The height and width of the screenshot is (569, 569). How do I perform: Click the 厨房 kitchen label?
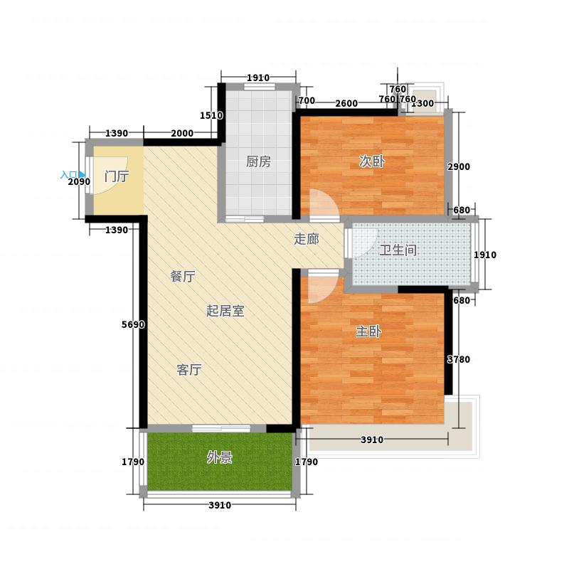pyautogui.click(x=259, y=161)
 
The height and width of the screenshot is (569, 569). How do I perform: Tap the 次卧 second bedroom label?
pyautogui.click(x=371, y=161)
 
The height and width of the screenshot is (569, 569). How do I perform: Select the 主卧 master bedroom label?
pyautogui.click(x=368, y=331)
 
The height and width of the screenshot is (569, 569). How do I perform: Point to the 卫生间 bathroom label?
pyautogui.click(x=398, y=250)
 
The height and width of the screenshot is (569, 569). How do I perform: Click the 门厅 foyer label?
pyautogui.click(x=116, y=177)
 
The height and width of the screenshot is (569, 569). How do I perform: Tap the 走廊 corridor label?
pyautogui.click(x=306, y=240)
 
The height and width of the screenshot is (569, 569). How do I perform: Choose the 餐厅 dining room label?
pyautogui.click(x=183, y=277)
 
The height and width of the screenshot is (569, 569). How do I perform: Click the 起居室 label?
pyautogui.click(x=225, y=312)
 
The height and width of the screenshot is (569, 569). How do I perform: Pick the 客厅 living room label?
pyautogui.click(x=189, y=370)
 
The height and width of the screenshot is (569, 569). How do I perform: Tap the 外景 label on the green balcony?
pyautogui.click(x=219, y=458)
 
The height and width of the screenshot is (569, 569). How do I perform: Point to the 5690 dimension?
pyautogui.click(x=133, y=325)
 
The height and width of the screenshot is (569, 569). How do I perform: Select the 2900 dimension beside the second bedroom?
pyautogui.click(x=459, y=166)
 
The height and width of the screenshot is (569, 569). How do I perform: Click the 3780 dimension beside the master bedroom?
pyautogui.click(x=459, y=360)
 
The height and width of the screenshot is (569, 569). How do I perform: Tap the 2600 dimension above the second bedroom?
pyautogui.click(x=346, y=104)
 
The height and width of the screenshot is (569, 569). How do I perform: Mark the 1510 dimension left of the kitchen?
pyautogui.click(x=212, y=115)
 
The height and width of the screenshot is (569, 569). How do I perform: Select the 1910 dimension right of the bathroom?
pyautogui.click(x=485, y=255)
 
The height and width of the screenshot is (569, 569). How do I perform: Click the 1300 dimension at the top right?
pyautogui.click(x=423, y=104)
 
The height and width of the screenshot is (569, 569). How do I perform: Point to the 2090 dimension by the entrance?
pyautogui.click(x=79, y=182)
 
